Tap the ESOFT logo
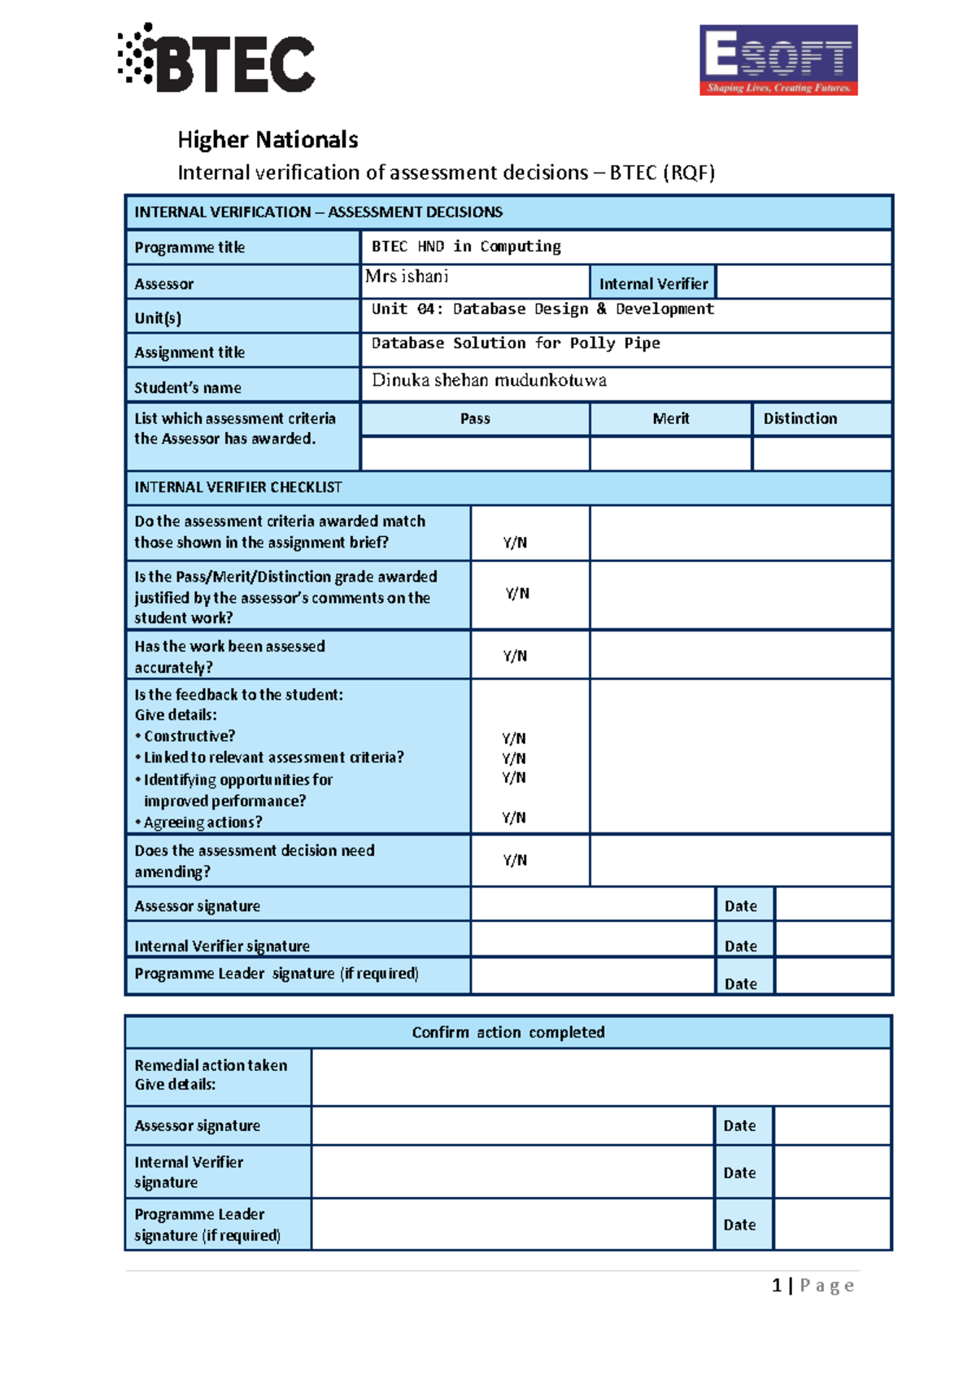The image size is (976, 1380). pos(778,60)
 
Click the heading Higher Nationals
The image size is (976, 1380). pos(268,140)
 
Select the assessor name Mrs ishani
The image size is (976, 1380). pos(407,277)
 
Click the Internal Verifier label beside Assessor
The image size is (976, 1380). pos(653,284)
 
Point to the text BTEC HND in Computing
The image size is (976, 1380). pos(466,247)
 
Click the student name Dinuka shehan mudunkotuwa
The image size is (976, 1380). pos(489,381)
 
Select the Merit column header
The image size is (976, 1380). pos(670,419)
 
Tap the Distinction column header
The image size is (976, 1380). pos(800,419)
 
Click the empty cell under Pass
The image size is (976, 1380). pos(475,454)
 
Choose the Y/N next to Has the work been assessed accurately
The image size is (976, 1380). pos(515,656)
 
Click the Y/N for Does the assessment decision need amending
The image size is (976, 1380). pos(515,860)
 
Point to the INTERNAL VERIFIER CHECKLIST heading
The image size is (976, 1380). pos(238,487)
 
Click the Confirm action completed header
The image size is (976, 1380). pos(508,1033)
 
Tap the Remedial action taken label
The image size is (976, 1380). pos(211,1066)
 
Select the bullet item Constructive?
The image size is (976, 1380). pos(189,736)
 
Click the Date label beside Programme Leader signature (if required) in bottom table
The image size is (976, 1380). pos(739,1225)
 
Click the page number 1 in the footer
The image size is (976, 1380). pos(777,1286)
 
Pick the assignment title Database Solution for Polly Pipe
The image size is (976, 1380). pos(516,343)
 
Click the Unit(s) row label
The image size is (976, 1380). pos(158,318)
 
